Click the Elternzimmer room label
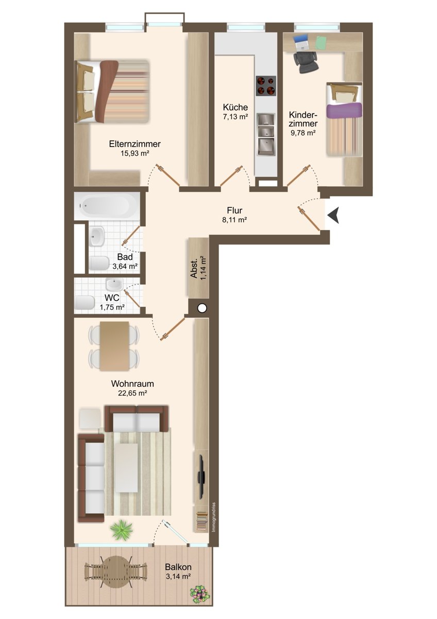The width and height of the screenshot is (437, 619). pyautogui.click(x=135, y=144)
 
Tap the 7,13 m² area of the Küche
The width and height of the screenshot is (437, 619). pyautogui.click(x=236, y=117)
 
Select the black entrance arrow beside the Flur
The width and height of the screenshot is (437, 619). pyautogui.click(x=333, y=215)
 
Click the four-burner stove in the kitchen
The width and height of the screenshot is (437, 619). pyautogui.click(x=266, y=86)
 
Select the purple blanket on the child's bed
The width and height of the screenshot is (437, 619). pyautogui.click(x=344, y=110)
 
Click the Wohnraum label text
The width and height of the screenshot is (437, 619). pyautogui.click(x=132, y=384)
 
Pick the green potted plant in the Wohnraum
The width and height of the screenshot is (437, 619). pyautogui.click(x=122, y=529)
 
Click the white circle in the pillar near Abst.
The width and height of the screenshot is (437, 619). pyautogui.click(x=203, y=307)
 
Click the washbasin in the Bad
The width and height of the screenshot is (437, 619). pyautogui.click(x=96, y=237)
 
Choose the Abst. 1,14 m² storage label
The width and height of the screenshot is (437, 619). pyautogui.click(x=198, y=268)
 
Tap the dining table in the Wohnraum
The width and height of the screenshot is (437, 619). pyautogui.click(x=114, y=346)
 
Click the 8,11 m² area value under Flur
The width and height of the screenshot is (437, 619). pyautogui.click(x=234, y=220)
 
